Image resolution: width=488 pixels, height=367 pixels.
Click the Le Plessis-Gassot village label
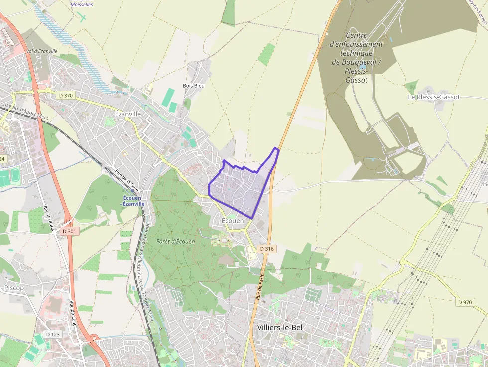[x=434, y=97]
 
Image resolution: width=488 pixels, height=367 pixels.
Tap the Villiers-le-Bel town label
[x=280, y=327]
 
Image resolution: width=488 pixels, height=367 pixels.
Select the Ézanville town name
[x=128, y=114]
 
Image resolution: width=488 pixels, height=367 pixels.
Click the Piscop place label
[x=14, y=288]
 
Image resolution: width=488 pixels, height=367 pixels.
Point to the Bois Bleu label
[x=194, y=85]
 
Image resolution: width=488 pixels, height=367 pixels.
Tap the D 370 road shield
[x=65, y=95]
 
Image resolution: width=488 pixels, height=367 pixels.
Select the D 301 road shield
[x=71, y=231]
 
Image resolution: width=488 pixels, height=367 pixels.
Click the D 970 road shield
[x=465, y=302]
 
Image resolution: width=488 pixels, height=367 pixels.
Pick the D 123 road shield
[x=53, y=334]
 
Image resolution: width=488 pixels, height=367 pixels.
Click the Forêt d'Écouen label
[x=175, y=241]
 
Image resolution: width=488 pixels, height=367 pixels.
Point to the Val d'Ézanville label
[x=42, y=51]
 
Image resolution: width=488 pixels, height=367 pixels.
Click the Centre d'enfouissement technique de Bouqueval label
[x=357, y=57]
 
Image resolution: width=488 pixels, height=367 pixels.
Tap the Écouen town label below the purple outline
[x=233, y=220]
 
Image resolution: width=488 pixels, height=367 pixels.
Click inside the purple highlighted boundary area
[x=239, y=189]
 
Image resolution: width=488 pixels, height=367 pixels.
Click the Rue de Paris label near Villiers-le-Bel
[x=259, y=285]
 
